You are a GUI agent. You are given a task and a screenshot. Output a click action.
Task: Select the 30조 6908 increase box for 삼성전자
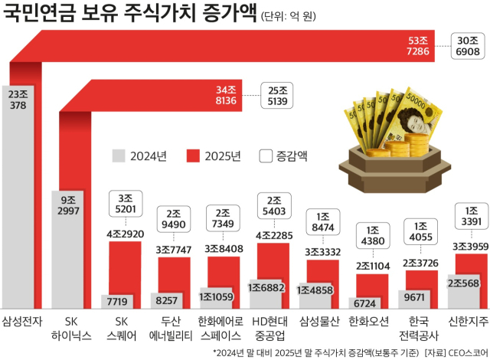click(x=468, y=47)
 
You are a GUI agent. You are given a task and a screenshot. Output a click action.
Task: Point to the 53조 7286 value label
click(x=417, y=46)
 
